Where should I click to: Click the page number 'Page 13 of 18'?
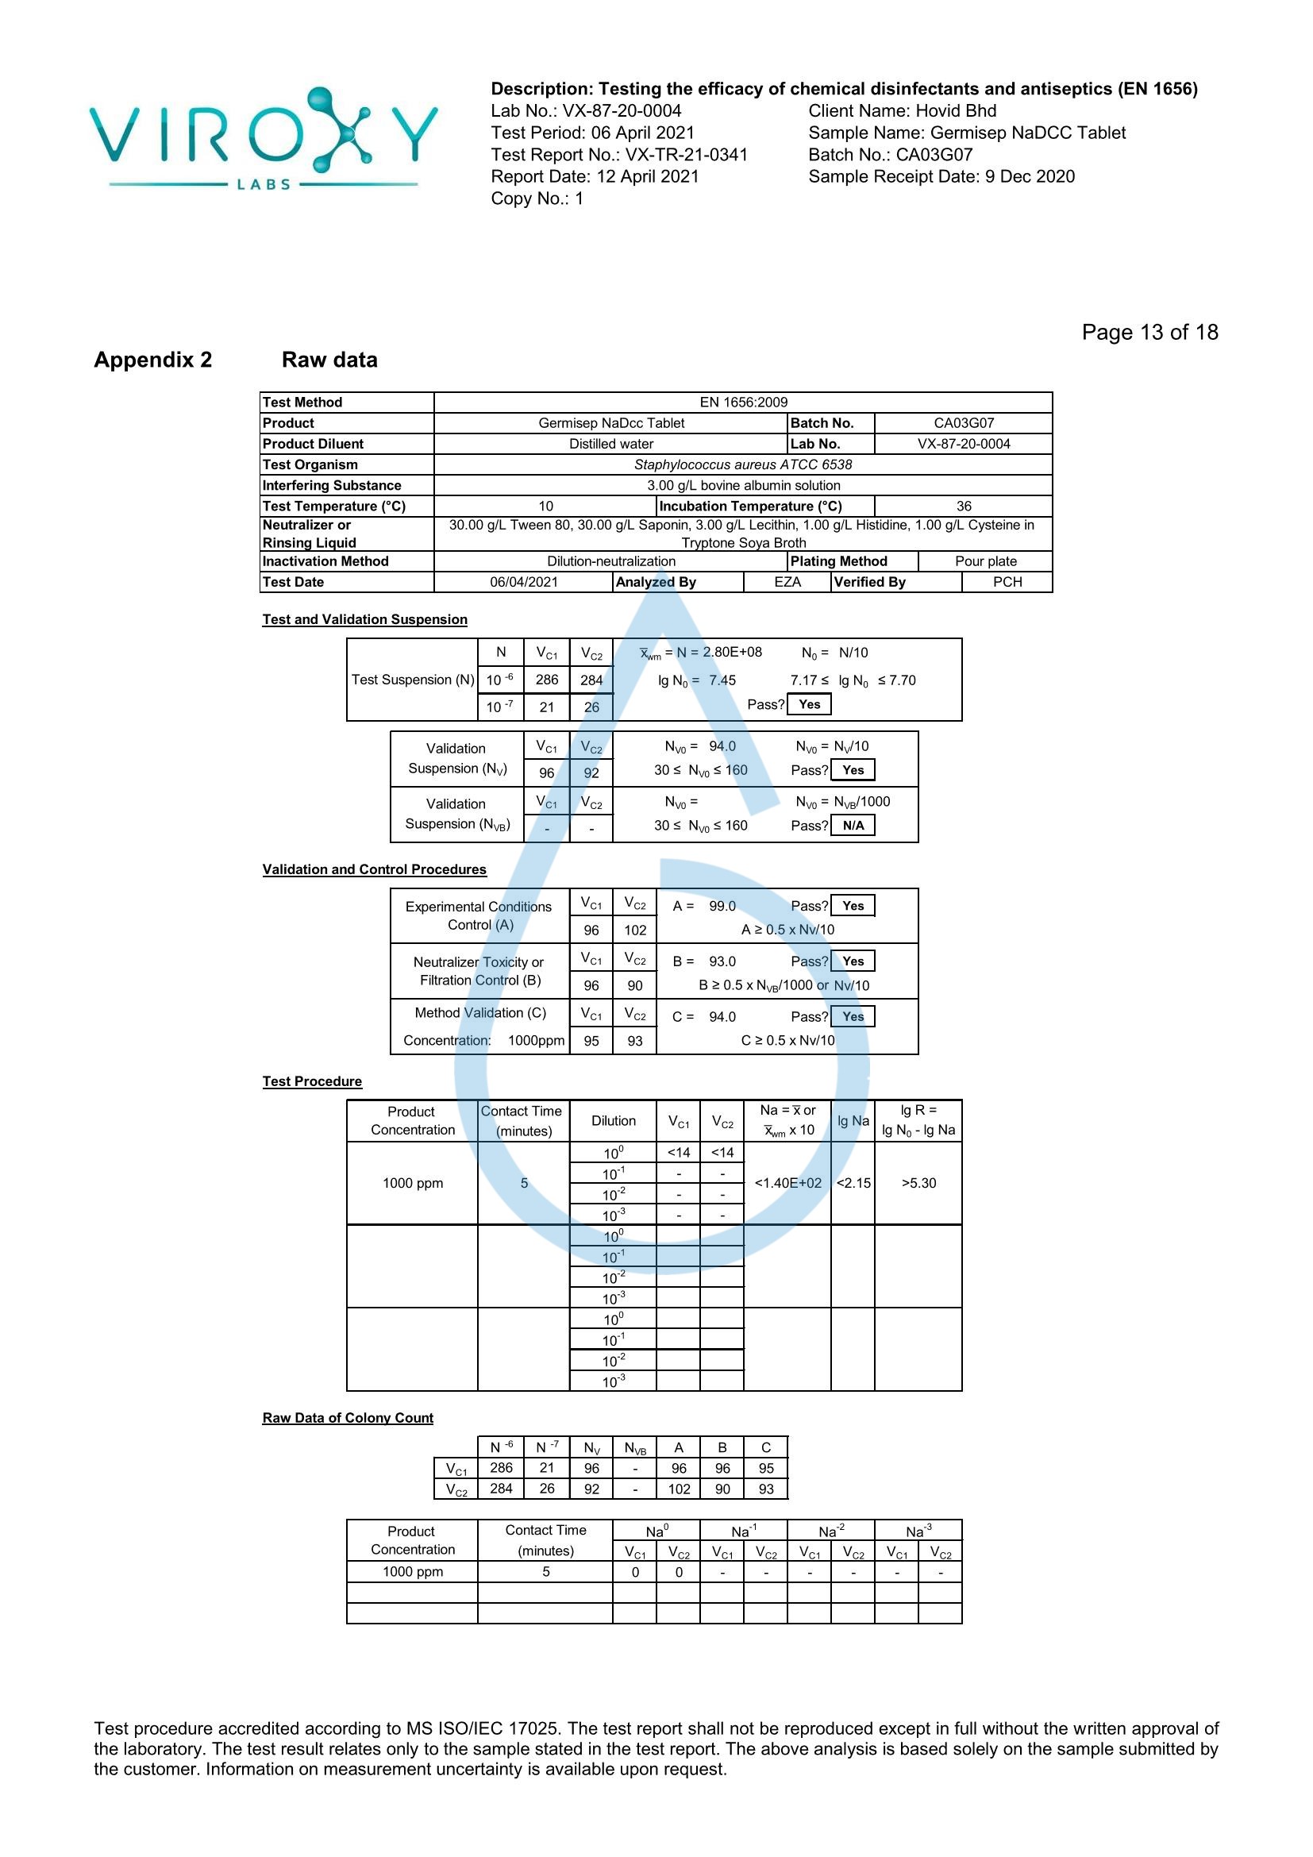(1149, 333)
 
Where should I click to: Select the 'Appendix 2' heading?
(152, 360)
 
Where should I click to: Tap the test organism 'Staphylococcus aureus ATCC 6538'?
(742, 464)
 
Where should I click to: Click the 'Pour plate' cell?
(986, 561)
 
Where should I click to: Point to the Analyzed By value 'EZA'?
(787, 581)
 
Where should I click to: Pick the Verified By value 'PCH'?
(1007, 581)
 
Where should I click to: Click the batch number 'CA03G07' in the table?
(963, 423)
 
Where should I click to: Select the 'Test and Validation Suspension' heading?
(364, 619)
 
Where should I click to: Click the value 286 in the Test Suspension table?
(546, 680)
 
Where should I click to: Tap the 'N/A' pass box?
(853, 826)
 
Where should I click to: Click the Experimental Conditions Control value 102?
(635, 930)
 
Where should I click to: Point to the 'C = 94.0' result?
(704, 1017)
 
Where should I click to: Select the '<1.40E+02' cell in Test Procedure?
(787, 1183)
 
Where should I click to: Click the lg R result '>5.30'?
(918, 1183)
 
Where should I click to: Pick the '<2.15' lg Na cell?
(853, 1183)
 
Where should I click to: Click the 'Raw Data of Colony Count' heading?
(348, 1418)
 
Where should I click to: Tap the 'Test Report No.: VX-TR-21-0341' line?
(618, 155)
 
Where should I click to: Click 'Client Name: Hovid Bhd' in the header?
(902, 111)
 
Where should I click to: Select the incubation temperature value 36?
(964, 507)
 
